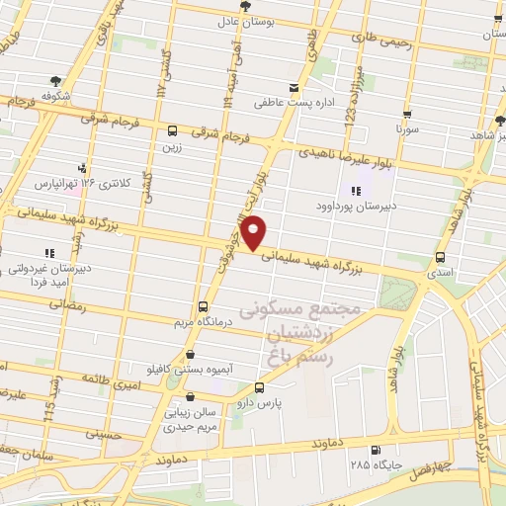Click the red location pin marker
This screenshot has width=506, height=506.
point(255,231)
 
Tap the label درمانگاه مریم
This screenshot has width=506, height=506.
point(203,322)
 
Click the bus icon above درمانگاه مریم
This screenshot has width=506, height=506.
point(203,306)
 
